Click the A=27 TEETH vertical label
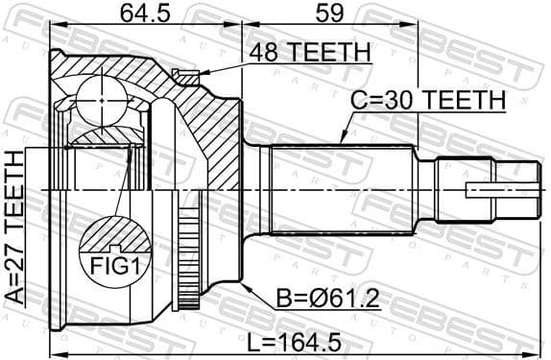[15, 228]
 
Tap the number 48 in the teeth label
[260, 54]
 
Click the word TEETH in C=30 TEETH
[463, 99]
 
